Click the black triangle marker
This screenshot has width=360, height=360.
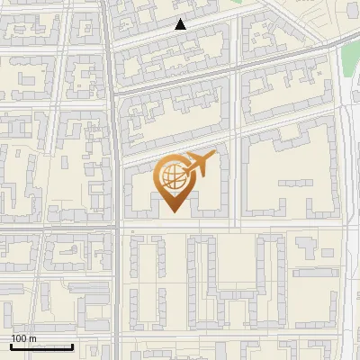click(181, 25)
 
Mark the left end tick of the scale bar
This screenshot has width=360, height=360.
click(11, 346)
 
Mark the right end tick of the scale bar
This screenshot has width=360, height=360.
click(72, 346)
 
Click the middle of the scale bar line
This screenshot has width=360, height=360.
click(41, 346)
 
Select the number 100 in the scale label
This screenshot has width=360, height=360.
click(19, 338)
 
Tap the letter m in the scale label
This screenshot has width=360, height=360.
click(32, 338)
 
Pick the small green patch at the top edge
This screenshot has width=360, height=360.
click(236, 3)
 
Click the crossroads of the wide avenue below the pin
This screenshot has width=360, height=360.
click(119, 225)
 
